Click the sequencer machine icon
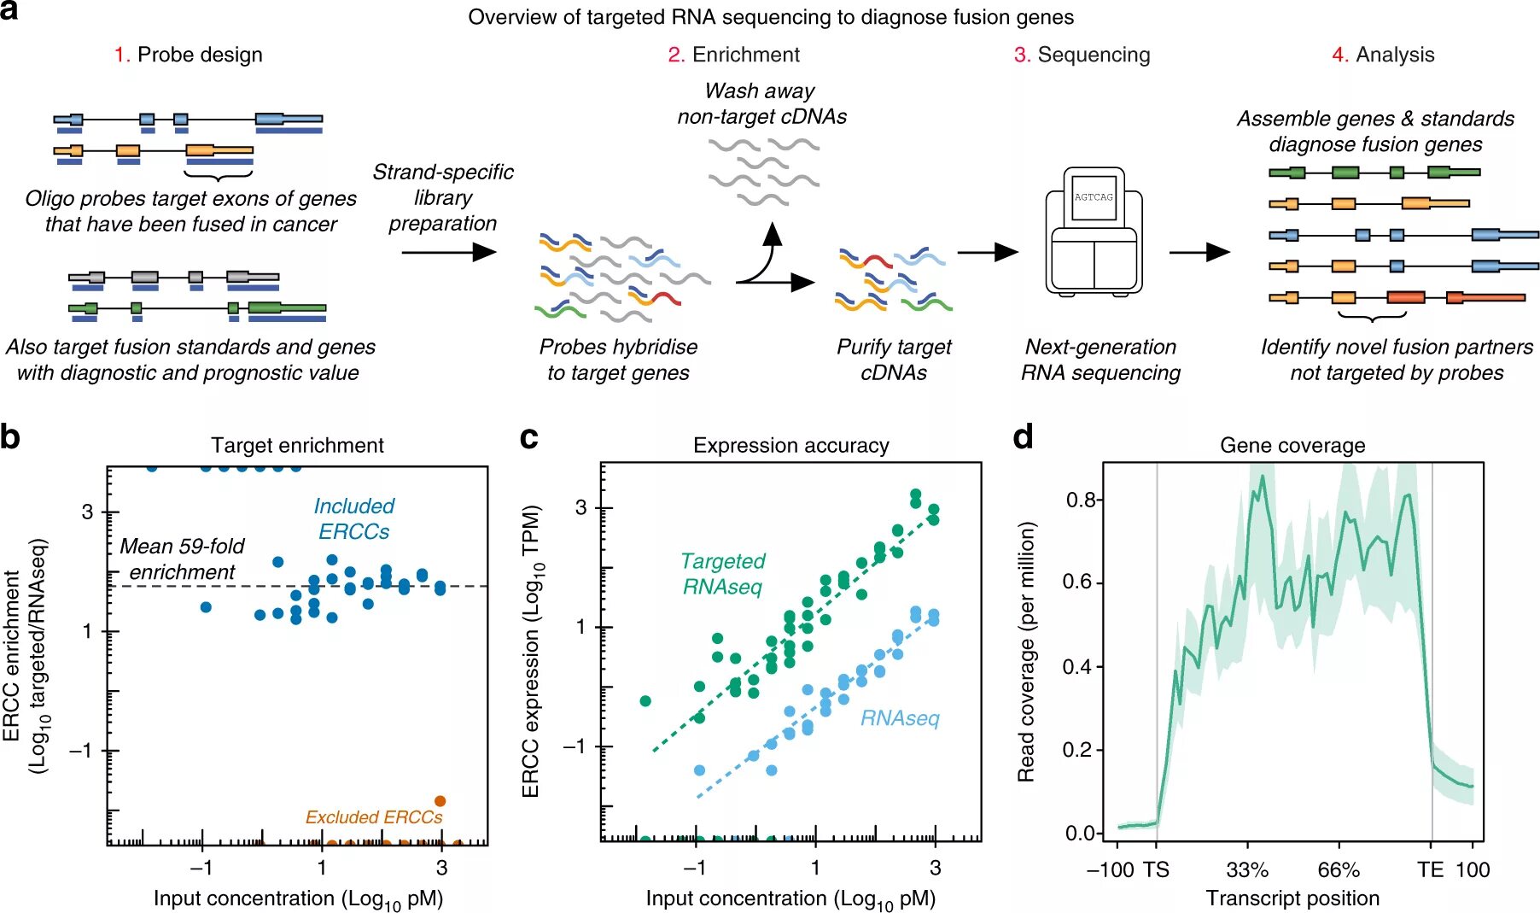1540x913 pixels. point(1094,232)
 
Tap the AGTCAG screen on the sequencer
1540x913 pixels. point(1094,197)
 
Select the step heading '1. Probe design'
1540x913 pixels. point(189,55)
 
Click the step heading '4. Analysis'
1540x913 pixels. point(1383,55)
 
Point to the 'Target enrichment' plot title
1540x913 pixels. point(297,445)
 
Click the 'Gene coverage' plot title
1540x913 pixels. point(1292,445)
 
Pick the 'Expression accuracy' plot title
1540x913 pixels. point(790,445)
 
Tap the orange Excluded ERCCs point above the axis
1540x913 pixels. point(440,801)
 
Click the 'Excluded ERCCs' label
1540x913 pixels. point(374,817)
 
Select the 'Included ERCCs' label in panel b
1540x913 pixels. point(353,518)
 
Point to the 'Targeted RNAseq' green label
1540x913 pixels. point(722,573)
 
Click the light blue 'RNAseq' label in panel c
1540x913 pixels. point(900,718)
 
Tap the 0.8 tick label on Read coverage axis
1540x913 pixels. point(1080,500)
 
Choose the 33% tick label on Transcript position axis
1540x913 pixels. point(1247,870)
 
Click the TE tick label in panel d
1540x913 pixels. point(1430,870)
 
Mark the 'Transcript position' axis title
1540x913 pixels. point(1292,898)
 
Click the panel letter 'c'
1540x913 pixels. point(529,437)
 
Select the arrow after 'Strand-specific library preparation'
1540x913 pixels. point(448,252)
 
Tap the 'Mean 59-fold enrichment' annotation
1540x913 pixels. point(182,559)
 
